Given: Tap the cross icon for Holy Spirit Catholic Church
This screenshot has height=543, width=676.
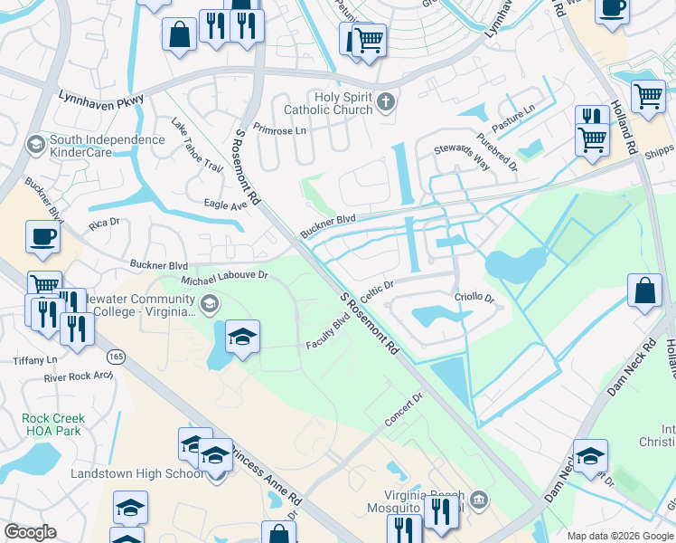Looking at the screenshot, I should point(386,100).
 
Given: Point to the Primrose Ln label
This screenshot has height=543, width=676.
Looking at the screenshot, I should point(280,129).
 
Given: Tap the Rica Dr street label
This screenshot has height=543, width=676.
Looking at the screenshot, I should point(105,224).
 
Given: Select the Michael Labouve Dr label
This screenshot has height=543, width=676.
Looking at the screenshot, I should point(225,275).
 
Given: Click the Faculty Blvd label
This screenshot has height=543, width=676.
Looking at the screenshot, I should point(328,333).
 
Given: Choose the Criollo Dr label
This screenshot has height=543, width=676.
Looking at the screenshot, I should point(474,298).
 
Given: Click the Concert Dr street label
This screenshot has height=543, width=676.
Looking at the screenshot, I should point(404,409).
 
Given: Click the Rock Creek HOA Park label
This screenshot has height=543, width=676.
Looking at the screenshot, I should point(53,425).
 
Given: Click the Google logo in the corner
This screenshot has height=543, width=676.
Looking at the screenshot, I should point(30,532).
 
